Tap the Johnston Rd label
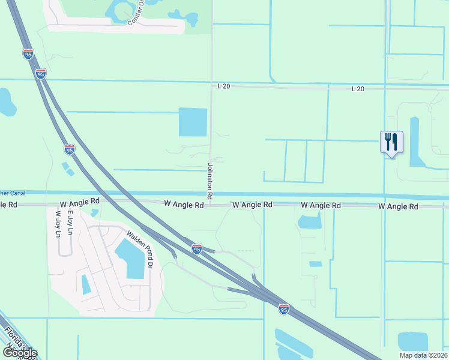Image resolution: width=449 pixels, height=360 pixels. [x=210, y=181]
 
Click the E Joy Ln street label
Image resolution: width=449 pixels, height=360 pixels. [x=70, y=222]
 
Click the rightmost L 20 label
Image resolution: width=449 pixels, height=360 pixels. [x=357, y=89]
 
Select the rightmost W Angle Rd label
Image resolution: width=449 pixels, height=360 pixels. [x=398, y=206]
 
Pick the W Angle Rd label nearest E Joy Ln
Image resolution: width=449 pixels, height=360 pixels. [x=79, y=204]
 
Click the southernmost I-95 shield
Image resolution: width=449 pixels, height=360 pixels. [x=283, y=309]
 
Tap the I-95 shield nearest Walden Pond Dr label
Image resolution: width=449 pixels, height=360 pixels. [x=197, y=248]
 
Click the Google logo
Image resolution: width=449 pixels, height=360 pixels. [x=20, y=353]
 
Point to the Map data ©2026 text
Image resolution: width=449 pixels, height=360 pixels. [x=423, y=355]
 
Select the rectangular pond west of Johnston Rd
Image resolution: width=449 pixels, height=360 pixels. [x=193, y=122]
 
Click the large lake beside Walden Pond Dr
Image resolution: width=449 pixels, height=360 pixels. [x=133, y=258]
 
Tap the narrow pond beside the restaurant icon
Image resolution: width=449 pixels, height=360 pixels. [x=415, y=141]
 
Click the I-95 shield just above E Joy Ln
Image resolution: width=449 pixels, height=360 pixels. [x=70, y=150]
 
